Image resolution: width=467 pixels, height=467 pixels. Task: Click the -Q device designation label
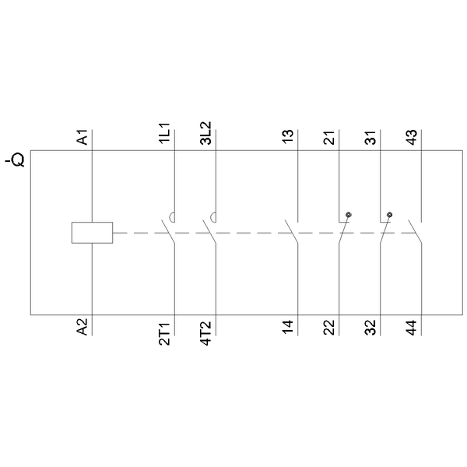click(16, 161)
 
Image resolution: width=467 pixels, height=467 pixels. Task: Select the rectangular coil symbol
click(92, 232)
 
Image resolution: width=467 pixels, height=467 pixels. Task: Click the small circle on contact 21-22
click(349, 214)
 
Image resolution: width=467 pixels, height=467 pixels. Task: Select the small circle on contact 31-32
click(389, 214)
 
